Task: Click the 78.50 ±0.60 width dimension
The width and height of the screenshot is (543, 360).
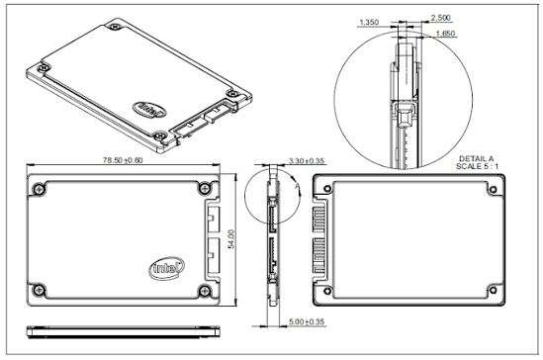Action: coord(117,159)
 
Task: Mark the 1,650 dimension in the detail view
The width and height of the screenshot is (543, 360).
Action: coord(447,34)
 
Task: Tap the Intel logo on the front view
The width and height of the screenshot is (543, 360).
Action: coord(165,267)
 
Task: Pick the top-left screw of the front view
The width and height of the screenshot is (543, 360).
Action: coord(37,188)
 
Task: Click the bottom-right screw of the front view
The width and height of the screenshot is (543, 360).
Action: coord(203,289)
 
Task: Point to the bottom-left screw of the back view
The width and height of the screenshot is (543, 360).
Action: coord(321,290)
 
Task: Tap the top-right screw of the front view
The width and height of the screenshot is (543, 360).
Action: coord(203,188)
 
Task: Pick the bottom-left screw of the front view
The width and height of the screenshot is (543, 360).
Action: coord(37,289)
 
